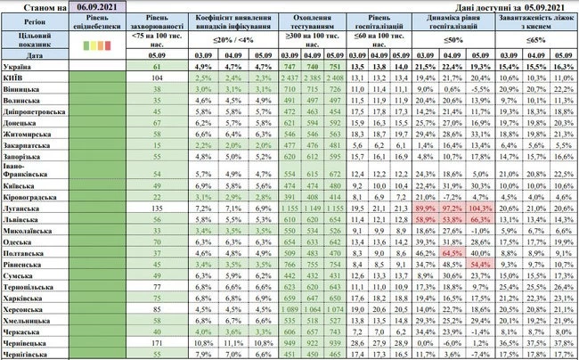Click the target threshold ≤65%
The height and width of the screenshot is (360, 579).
point(542,40)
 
